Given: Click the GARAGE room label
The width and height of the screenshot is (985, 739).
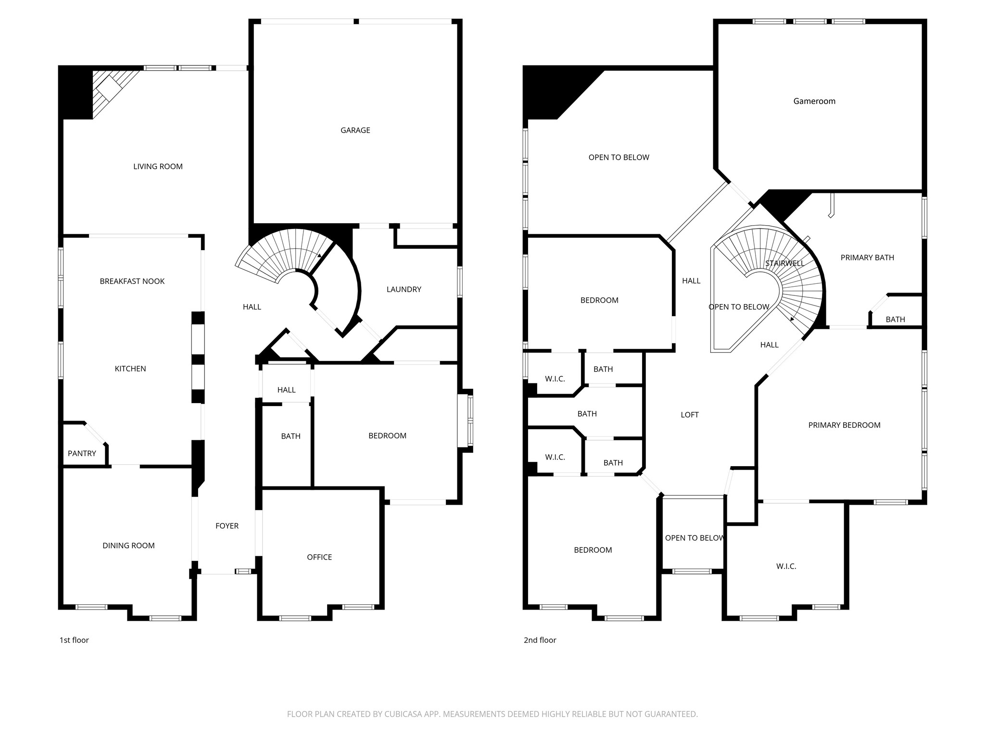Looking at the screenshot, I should click(x=355, y=130).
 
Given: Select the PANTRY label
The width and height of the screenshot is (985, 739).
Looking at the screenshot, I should click(x=82, y=453).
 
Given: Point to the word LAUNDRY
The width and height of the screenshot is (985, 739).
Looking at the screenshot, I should click(x=404, y=289).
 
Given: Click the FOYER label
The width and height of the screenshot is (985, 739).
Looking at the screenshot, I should click(x=227, y=526).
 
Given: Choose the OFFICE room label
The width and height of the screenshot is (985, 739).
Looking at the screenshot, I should click(x=319, y=557).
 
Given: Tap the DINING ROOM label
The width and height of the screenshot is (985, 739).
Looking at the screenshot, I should click(x=128, y=546).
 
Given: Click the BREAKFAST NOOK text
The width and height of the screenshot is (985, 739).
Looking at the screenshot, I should click(x=132, y=281).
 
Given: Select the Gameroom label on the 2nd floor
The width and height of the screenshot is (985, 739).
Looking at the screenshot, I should click(x=814, y=101).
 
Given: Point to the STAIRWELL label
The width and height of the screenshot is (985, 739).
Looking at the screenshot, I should click(x=784, y=263).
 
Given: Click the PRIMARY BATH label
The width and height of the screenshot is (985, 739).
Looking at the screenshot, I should click(x=867, y=257).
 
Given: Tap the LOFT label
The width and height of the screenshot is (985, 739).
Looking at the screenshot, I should click(x=689, y=415).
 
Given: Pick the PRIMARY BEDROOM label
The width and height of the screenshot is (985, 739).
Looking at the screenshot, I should click(x=844, y=425).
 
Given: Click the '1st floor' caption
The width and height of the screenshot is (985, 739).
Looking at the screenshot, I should click(x=74, y=640).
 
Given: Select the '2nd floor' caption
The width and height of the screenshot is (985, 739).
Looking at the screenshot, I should click(x=540, y=640).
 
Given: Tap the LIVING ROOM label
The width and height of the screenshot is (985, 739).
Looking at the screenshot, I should click(x=158, y=166).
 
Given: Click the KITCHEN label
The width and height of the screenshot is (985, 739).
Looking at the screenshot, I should click(x=130, y=369).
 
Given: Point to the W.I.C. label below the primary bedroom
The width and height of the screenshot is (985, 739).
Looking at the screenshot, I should click(x=786, y=566).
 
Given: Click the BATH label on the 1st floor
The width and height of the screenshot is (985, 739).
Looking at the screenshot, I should click(x=290, y=436).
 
